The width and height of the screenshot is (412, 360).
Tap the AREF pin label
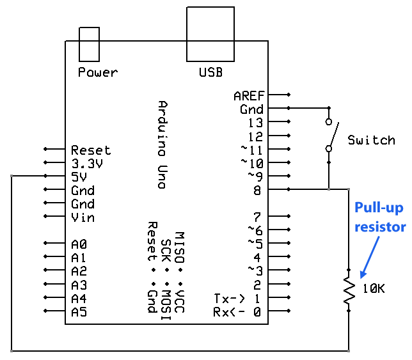pyautogui.click(x=249, y=96)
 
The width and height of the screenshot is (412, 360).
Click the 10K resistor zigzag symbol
pyautogui.click(x=349, y=290)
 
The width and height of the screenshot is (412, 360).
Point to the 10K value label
pyautogui.click(x=374, y=288)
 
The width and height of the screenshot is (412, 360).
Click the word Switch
pyautogui.click(x=372, y=140)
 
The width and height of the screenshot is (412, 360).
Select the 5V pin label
pyautogui.click(x=79, y=177)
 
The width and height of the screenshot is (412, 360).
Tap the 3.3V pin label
pyautogui.click(x=87, y=164)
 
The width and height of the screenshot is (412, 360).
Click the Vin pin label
pyautogui.click(x=83, y=217)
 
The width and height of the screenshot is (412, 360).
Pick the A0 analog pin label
pyautogui.click(x=79, y=244)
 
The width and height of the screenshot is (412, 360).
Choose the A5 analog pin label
pyautogui.click(x=79, y=312)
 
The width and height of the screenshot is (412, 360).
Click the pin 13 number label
pyautogui.click(x=255, y=123)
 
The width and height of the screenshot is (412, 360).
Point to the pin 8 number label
pyautogui.click(x=257, y=191)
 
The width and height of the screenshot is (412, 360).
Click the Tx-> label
pyautogui.click(x=230, y=298)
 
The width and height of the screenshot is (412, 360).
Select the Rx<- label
pyautogui.click(x=229, y=312)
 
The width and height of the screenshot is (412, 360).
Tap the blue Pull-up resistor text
pyautogui.click(x=380, y=217)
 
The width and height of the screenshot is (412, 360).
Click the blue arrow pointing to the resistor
pyautogui.click(x=370, y=257)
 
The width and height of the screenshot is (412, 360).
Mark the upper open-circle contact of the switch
pyautogui.click(x=329, y=121)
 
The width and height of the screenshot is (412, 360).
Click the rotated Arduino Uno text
pyautogui.click(x=163, y=145)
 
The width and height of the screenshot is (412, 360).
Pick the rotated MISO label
pyautogui.click(x=180, y=247)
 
